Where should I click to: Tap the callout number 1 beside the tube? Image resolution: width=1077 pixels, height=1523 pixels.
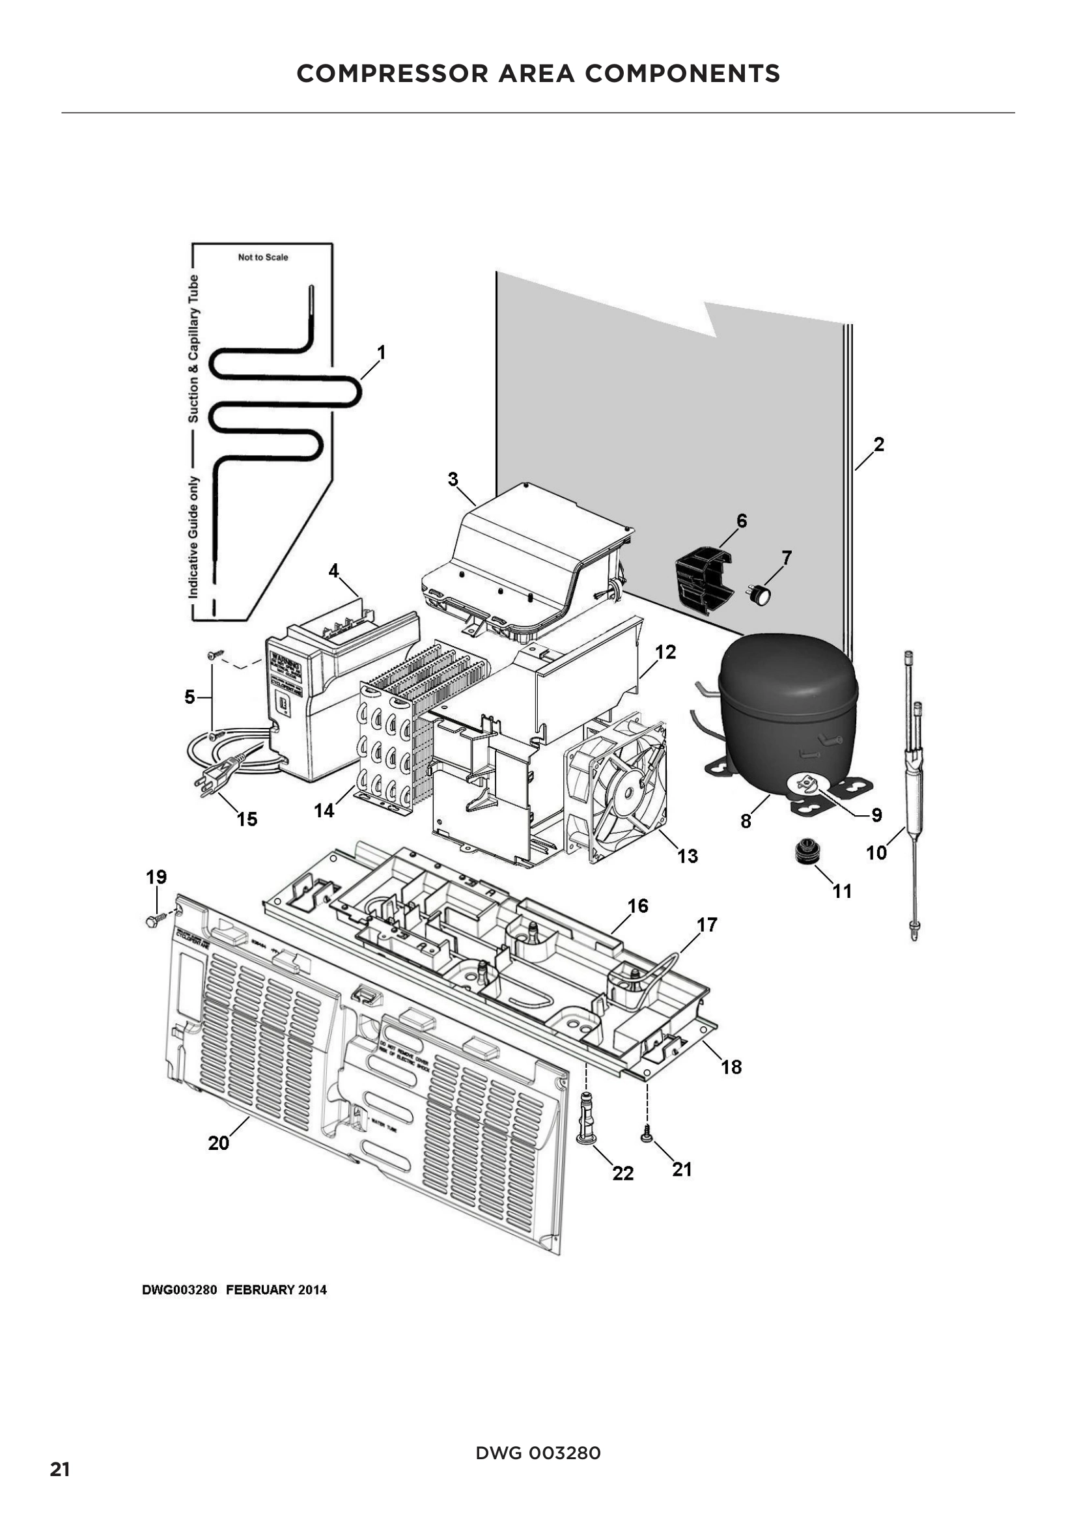click(x=382, y=352)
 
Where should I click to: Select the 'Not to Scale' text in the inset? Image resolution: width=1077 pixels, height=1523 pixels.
click(x=262, y=257)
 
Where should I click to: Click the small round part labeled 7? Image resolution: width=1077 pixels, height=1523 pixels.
click(x=759, y=594)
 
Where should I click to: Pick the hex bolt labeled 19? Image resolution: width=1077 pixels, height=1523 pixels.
click(x=153, y=921)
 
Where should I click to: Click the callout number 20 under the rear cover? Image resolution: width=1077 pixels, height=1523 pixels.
click(x=218, y=1143)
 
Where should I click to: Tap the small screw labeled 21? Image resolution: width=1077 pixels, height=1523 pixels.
click(x=646, y=1137)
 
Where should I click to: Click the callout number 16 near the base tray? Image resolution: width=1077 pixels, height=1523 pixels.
click(x=637, y=906)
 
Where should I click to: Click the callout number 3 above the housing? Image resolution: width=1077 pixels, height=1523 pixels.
click(x=453, y=479)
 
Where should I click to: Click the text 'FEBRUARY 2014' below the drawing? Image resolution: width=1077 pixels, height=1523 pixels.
click(x=277, y=1290)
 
